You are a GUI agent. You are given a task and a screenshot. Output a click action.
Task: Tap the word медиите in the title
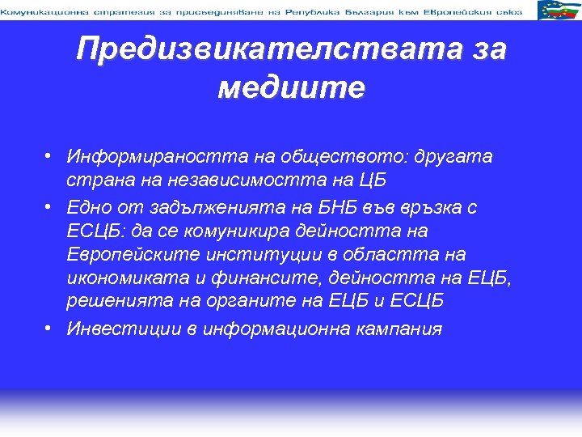pyautogui.click(x=291, y=87)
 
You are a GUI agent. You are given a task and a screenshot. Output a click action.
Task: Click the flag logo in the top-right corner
pyautogui.click(x=559, y=11)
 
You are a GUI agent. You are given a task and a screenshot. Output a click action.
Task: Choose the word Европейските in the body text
pyautogui.click(x=137, y=255)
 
